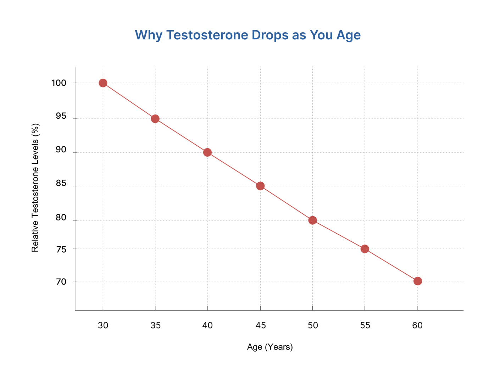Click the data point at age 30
pyautogui.click(x=103, y=83)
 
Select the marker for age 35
pyautogui.click(x=155, y=118)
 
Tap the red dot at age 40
pyautogui.click(x=207, y=152)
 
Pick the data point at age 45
pyautogui.click(x=260, y=186)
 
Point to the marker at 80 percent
pyautogui.click(x=312, y=220)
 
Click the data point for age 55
pyautogui.click(x=365, y=249)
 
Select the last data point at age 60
pyautogui.click(x=418, y=281)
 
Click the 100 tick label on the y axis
pyautogui.click(x=59, y=83)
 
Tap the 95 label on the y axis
pyautogui.click(x=61, y=116)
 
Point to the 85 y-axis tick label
pyautogui.click(x=61, y=183)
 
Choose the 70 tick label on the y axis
pyautogui.click(x=61, y=282)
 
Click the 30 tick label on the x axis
pyautogui.click(x=103, y=325)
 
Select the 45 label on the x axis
pyautogui.click(x=261, y=325)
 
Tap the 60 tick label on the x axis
pyautogui.click(x=417, y=325)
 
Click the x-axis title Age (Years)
pyautogui.click(x=270, y=347)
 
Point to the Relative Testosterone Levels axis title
pyautogui.click(x=35, y=187)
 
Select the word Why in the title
pyautogui.click(x=149, y=35)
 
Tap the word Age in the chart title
pyautogui.click(x=349, y=35)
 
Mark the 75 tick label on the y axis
pyautogui.click(x=61, y=250)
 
